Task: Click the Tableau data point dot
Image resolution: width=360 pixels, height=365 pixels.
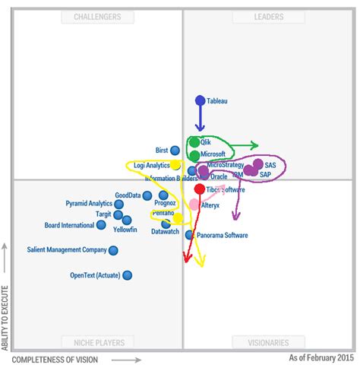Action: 201,100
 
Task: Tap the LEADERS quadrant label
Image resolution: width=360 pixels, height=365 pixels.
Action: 269,17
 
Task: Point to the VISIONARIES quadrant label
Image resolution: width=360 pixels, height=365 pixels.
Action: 269,342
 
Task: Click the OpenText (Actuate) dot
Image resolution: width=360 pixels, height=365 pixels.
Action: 127,275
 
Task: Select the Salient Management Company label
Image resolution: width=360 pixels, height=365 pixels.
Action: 67,249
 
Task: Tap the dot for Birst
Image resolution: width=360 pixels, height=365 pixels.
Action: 175,151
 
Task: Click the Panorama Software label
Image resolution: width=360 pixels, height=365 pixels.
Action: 223,236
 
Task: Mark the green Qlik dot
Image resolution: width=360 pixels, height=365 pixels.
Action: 194,142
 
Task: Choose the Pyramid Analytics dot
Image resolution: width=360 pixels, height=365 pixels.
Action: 118,204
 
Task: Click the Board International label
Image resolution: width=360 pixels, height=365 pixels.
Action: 69,225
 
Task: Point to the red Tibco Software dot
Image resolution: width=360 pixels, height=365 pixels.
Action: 199,189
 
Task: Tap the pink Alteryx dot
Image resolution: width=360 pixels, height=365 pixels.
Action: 194,205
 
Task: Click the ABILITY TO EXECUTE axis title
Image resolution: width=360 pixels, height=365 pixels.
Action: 6,319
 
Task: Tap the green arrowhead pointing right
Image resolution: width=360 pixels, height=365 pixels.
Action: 254,145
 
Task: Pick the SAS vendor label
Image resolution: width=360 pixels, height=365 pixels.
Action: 270,164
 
